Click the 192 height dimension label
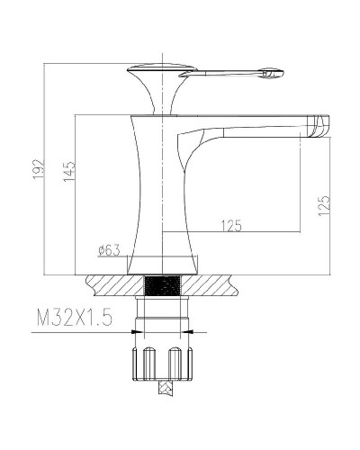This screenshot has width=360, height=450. [x=39, y=169]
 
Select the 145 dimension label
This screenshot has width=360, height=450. [x=69, y=171]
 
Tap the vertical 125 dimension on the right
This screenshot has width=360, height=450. [x=324, y=205]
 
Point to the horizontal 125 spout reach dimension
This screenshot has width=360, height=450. [x=231, y=226]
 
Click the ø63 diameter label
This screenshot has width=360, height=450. [x=109, y=250]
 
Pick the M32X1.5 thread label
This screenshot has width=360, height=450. [x=75, y=318]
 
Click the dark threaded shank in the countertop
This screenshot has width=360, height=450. [x=163, y=285]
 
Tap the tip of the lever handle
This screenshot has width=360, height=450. [x=282, y=72]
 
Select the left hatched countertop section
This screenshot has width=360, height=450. [x=115, y=285]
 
